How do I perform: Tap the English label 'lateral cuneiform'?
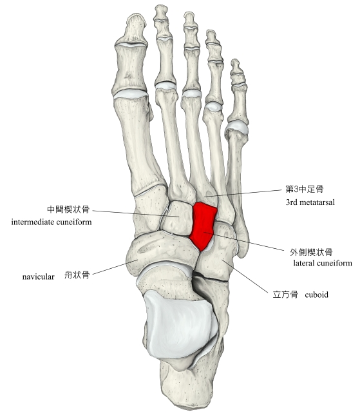[x=323, y=263]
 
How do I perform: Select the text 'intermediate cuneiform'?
[x=52, y=222]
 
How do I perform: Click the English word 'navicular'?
[x=38, y=277]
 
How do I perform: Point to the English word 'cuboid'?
[x=316, y=295]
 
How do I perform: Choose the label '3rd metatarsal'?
[x=310, y=202]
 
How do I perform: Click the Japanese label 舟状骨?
[x=77, y=275]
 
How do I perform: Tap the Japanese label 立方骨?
[x=285, y=295]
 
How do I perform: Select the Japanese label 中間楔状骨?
[x=68, y=209]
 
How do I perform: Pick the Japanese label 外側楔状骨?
[x=311, y=251]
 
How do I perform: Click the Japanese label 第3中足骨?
[x=305, y=189]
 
